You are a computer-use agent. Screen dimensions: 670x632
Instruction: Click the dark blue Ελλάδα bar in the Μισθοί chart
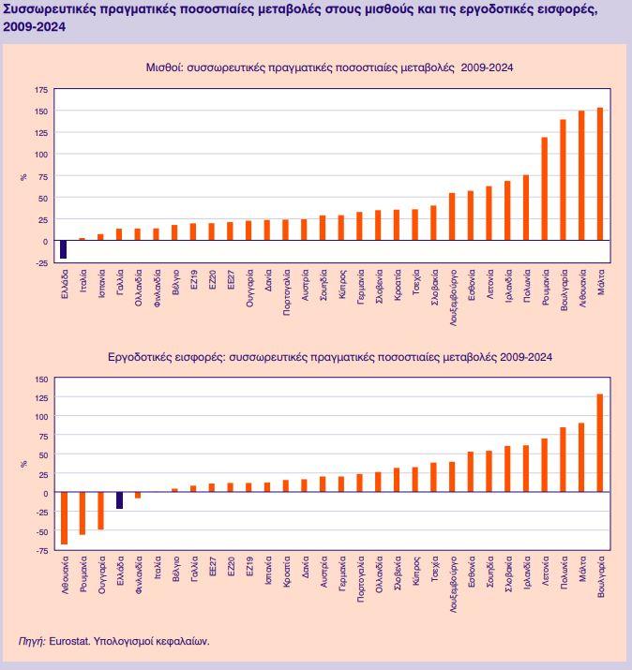pyautogui.click(x=63, y=249)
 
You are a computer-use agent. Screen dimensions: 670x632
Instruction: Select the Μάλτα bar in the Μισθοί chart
pyautogui.click(x=600, y=174)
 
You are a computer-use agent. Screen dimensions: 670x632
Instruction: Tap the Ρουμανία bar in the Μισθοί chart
pyautogui.click(x=545, y=189)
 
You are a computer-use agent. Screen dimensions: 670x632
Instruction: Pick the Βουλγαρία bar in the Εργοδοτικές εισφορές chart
pyautogui.click(x=600, y=443)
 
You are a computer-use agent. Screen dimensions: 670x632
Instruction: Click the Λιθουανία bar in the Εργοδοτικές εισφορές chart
pyautogui.click(x=65, y=518)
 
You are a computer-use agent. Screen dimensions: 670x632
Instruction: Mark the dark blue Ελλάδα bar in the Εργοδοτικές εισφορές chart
pyautogui.click(x=120, y=500)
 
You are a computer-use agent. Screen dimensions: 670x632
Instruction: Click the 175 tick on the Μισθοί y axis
pyautogui.click(x=40, y=89)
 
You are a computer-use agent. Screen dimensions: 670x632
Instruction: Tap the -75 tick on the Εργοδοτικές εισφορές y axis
pyautogui.click(x=40, y=551)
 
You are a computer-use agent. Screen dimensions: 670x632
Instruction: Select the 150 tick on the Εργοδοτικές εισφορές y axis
pyautogui.click(x=40, y=379)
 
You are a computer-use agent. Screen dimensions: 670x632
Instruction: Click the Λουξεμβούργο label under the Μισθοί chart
pyautogui.click(x=452, y=299)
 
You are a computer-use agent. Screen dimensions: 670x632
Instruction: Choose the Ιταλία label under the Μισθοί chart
pyautogui.click(x=83, y=285)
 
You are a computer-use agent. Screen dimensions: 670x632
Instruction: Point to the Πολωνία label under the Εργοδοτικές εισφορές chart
pyautogui.click(x=564, y=573)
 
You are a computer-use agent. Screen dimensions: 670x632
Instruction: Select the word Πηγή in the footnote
pyautogui.click(x=31, y=642)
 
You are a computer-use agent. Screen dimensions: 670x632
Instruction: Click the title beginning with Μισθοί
pyautogui.click(x=328, y=67)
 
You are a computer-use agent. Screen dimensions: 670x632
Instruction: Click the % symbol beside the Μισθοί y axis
pyautogui.click(x=24, y=176)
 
